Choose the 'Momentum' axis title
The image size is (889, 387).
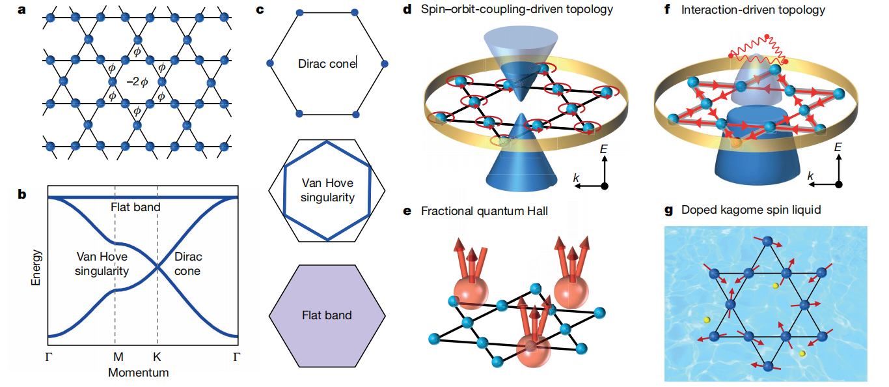click(139, 373)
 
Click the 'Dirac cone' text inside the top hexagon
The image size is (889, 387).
click(327, 64)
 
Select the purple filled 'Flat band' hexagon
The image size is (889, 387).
click(327, 315)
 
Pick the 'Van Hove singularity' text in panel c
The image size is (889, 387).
click(327, 190)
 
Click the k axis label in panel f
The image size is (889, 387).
click(810, 176)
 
